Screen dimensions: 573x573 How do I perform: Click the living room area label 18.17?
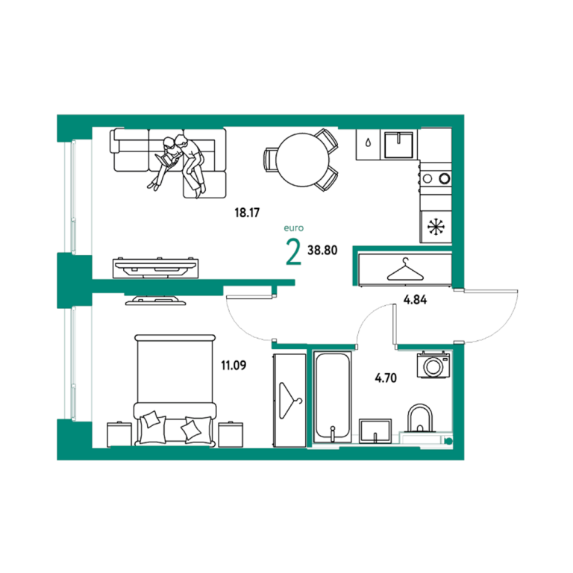pos(247,213)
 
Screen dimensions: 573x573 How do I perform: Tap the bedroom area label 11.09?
pos(234,365)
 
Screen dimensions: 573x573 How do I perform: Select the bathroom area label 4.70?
pos(386,378)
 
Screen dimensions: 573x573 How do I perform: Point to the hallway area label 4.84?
pos(415,300)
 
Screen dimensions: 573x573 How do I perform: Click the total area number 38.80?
pos(322,251)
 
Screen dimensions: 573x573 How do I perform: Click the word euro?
pos(294,228)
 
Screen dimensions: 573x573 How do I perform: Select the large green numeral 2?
pos(293,251)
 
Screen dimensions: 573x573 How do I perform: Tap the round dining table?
pos(303,160)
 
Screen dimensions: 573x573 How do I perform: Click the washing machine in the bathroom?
pos(433,365)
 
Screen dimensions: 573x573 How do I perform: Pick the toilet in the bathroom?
pos(420,419)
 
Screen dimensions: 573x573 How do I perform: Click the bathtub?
pos(333,397)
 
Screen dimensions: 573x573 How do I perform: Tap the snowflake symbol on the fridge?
pos(436,227)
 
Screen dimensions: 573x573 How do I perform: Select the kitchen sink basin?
pos(398,144)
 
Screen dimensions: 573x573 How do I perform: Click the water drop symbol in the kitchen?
pos(368,143)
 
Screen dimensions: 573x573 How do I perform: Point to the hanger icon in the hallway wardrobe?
pos(405,269)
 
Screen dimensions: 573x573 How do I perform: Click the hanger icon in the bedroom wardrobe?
pos(289,401)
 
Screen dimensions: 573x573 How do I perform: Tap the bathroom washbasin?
pos(375,431)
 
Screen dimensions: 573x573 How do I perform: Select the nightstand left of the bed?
pos(119,434)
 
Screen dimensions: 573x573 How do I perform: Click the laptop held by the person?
pos(165,160)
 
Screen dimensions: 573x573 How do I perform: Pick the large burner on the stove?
pos(445,179)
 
